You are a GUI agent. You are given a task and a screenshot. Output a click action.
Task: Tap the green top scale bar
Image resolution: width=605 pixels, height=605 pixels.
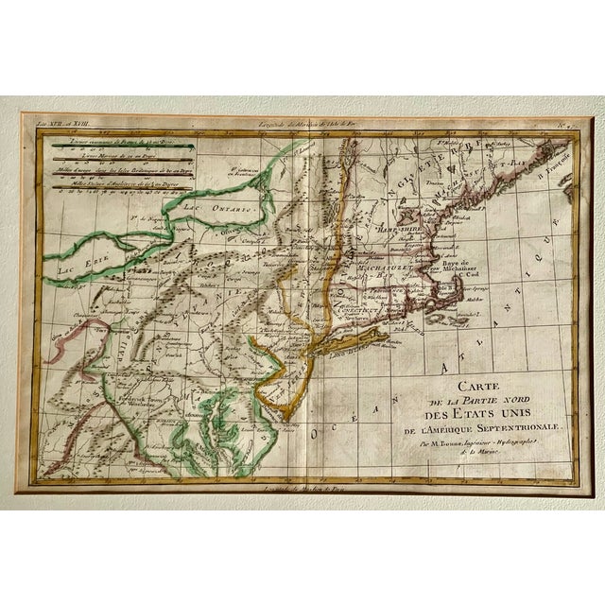point(117,145)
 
